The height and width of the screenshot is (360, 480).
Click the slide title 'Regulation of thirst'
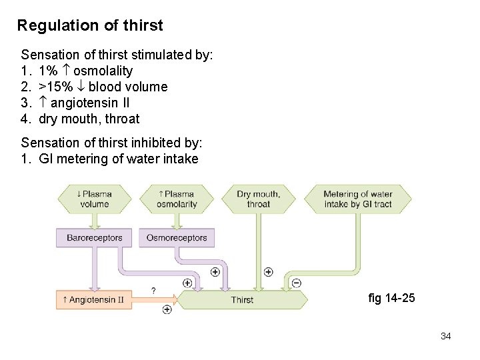click(x=90, y=26)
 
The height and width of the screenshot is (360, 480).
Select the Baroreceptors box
click(x=95, y=238)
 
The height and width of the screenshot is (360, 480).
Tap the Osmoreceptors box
click(x=177, y=238)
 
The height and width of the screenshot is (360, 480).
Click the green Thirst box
click(x=242, y=300)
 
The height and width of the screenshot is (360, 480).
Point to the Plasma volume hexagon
click(x=95, y=199)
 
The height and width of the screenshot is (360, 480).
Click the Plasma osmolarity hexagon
click(x=177, y=199)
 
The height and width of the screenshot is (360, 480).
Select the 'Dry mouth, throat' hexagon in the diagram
click(x=259, y=199)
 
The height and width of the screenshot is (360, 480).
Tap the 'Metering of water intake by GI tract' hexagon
click(x=358, y=199)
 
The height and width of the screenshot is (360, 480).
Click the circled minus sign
click(x=297, y=283)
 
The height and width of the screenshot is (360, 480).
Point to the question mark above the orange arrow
click(x=154, y=291)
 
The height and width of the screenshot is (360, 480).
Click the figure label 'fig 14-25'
click(x=391, y=298)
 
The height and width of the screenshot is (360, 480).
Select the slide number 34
click(x=446, y=336)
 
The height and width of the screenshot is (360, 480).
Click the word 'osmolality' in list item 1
click(x=103, y=71)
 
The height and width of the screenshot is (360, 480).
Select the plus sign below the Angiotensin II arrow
click(x=167, y=309)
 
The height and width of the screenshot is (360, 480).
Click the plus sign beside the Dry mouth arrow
click(x=268, y=272)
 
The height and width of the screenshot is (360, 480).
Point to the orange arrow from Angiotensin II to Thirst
click(x=160, y=300)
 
